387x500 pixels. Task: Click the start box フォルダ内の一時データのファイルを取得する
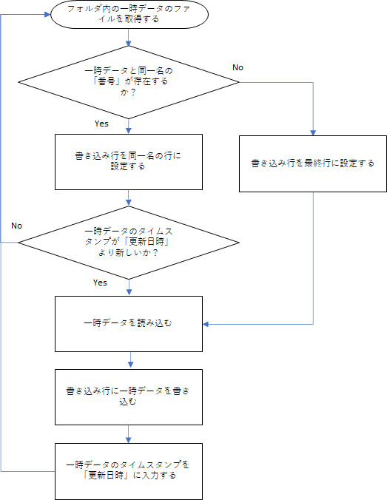point(129,14)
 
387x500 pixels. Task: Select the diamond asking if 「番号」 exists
point(129,82)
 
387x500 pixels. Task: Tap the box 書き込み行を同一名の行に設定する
point(129,162)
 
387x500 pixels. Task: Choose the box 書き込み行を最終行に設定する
point(313,164)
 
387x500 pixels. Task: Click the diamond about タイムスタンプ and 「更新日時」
point(129,243)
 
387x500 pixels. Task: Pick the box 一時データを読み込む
point(129,324)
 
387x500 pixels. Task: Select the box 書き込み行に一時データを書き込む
point(129,397)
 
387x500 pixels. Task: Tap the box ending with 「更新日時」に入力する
point(129,471)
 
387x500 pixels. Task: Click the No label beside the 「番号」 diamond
point(238,67)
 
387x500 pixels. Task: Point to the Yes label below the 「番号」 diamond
point(101,124)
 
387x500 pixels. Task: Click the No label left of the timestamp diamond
point(16,226)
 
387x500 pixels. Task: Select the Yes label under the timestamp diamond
point(100,283)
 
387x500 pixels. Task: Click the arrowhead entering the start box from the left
point(48,14)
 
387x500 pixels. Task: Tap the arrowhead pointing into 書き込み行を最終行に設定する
point(313,132)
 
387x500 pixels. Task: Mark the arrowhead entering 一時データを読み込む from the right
point(206,324)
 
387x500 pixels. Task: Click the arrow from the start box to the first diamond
point(129,37)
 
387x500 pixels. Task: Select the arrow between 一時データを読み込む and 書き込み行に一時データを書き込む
point(130,361)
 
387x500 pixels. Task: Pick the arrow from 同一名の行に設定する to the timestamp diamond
point(129,198)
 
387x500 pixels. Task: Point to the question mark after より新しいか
point(155,252)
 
